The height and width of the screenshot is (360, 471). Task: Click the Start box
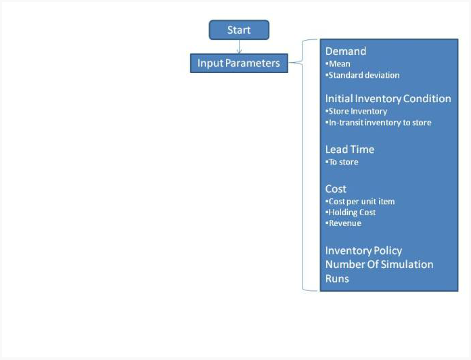[239, 30]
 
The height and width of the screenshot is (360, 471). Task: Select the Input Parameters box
[239, 63]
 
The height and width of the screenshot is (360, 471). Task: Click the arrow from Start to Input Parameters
[239, 47]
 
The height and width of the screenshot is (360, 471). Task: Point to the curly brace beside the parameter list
[302, 165]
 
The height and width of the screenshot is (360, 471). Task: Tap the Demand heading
[346, 51]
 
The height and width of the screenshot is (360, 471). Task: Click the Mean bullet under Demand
[338, 64]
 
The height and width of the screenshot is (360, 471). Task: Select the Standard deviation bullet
[363, 75]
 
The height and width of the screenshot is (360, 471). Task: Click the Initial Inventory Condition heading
[388, 99]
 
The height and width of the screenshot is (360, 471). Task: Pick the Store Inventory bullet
[356, 112]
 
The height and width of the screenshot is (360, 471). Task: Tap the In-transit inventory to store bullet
[378, 122]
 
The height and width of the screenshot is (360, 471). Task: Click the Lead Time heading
[350, 150]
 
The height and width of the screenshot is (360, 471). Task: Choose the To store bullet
[342, 162]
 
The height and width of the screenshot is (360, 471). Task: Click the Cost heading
[336, 189]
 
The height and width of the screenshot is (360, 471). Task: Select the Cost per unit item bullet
[360, 202]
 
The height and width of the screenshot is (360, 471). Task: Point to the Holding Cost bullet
[351, 212]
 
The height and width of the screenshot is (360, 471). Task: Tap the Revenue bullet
[343, 223]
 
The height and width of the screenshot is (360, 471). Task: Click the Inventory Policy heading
[363, 250]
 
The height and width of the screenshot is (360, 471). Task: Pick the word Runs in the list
[337, 279]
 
